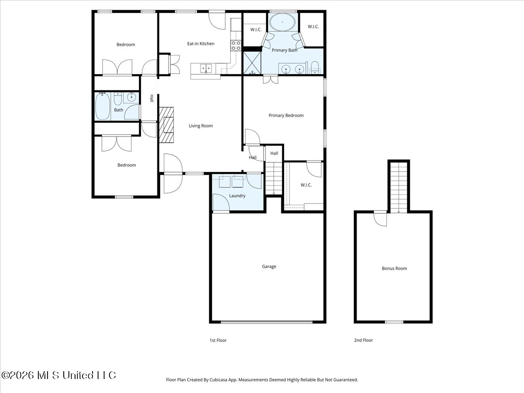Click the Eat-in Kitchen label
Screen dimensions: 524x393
coord(200,44)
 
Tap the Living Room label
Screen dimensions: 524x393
coord(200,126)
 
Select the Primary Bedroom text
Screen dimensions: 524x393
coord(286,115)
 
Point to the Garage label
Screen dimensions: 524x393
coord(269,266)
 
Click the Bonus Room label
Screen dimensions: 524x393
coord(394,268)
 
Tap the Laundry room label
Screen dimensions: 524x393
coord(237,196)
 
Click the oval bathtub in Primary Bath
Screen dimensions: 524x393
coord(283,22)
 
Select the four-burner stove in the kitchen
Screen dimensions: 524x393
coord(236,45)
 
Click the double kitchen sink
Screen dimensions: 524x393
coord(206,69)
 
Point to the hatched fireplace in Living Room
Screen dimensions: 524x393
coord(166,125)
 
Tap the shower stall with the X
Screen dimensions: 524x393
coord(252,63)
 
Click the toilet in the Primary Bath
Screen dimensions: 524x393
coord(315,68)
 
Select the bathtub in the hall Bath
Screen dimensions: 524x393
coord(103,106)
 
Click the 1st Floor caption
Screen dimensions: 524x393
coord(218,340)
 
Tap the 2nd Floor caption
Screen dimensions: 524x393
coord(363,340)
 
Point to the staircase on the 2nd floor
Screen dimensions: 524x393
coord(399,188)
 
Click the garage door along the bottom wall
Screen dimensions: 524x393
coord(267,322)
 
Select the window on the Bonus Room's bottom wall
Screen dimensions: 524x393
coord(394,322)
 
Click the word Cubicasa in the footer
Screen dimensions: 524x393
coord(218,379)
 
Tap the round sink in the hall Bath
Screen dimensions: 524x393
coord(131,97)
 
